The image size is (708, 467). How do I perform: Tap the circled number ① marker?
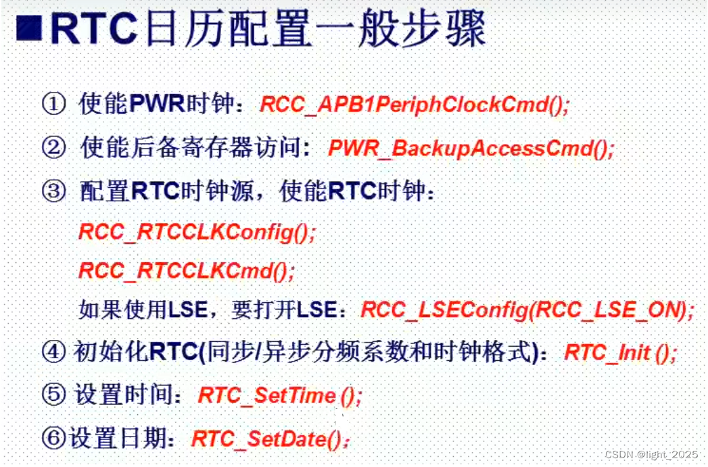click(53, 105)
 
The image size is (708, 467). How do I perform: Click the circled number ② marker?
click(53, 147)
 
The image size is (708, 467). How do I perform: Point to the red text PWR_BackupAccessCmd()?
click(471, 148)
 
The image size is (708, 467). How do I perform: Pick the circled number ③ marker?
click(53, 191)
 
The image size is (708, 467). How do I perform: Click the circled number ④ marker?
click(53, 353)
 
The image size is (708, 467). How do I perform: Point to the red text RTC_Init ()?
click(619, 353)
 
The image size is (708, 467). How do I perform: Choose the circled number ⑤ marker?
click(53, 395)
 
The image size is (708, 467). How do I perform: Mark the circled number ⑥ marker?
click(53, 439)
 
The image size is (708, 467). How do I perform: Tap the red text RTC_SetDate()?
click(271, 439)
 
